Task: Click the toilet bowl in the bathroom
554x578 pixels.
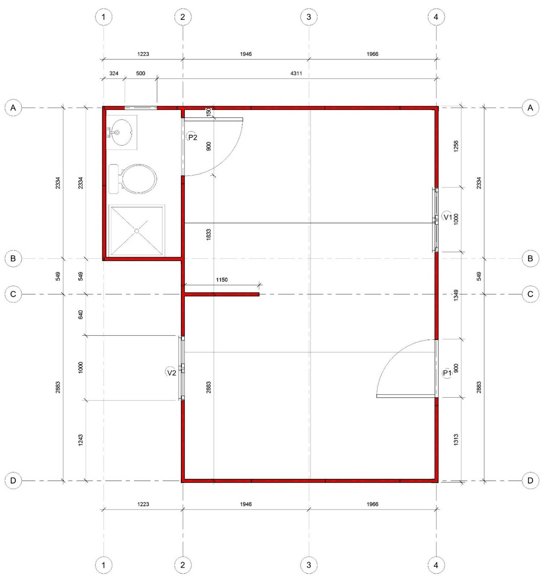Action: tap(139, 179)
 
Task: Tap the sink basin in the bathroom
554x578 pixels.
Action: tap(122, 132)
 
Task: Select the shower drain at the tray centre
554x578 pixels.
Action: tap(137, 230)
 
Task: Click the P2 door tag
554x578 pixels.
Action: tap(192, 137)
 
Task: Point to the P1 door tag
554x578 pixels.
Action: tap(447, 373)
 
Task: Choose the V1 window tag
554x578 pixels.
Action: tap(447, 217)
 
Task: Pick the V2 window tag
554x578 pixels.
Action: tap(171, 372)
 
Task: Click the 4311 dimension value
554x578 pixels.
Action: tap(296, 73)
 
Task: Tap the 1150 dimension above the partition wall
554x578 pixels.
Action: tap(222, 280)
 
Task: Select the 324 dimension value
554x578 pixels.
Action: tap(114, 73)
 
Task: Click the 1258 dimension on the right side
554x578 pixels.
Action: tap(456, 146)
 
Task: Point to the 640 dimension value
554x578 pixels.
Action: tap(81, 315)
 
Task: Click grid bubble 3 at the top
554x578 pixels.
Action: tap(309, 17)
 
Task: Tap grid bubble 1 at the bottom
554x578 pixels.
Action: tap(103, 565)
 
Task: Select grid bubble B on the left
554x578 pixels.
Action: tap(13, 259)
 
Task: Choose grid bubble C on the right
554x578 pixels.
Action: tap(530, 294)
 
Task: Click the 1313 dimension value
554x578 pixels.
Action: tap(456, 440)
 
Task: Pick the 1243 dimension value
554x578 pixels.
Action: tap(81, 440)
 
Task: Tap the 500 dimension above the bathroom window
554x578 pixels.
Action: tap(141, 73)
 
